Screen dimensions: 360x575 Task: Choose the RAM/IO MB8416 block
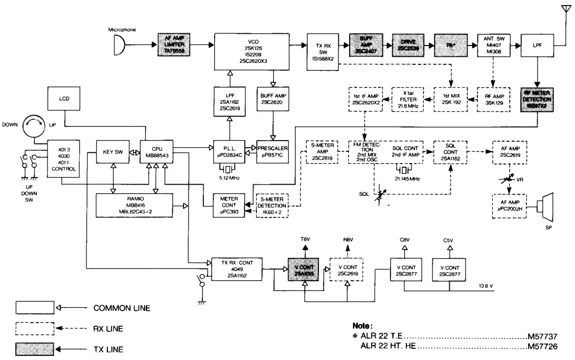tap(134, 205)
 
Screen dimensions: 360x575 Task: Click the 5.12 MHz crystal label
tap(225, 177)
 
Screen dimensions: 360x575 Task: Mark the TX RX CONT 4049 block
tap(237, 268)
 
